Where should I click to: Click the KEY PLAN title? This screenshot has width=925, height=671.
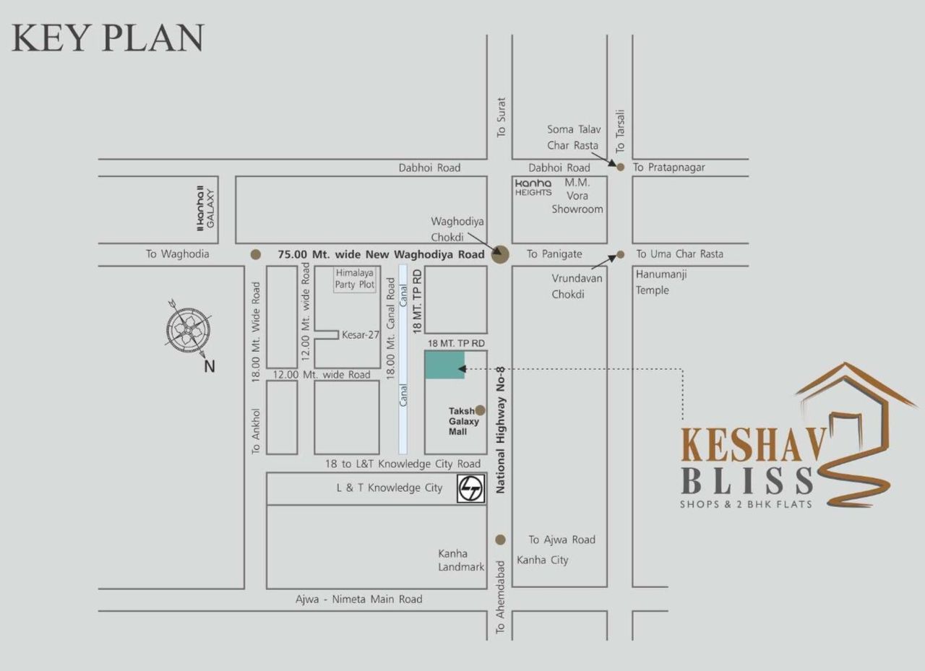108,38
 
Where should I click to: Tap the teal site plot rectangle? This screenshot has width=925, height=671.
444,365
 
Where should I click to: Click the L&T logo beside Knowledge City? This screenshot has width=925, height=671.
471,489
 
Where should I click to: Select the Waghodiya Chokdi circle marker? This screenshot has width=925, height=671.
500,254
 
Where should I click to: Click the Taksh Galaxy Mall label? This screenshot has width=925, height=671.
463,421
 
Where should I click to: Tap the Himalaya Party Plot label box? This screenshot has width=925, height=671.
355,279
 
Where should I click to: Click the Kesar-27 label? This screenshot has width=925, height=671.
361,334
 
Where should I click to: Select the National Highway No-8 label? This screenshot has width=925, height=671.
500,430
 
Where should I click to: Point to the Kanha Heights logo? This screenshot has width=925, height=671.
533,188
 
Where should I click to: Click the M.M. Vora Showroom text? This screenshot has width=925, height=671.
577,196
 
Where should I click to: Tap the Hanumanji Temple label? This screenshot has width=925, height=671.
653,282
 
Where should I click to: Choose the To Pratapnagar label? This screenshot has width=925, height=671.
668,168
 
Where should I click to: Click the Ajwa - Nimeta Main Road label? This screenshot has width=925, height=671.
358,599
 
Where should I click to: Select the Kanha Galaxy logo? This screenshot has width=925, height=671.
206,208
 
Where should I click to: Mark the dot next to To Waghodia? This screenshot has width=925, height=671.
255,254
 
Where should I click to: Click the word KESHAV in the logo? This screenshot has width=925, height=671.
752,446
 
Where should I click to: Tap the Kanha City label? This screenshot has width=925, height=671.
542,560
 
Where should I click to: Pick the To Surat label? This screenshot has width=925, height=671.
502,117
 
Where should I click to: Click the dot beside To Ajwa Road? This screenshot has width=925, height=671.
500,540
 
